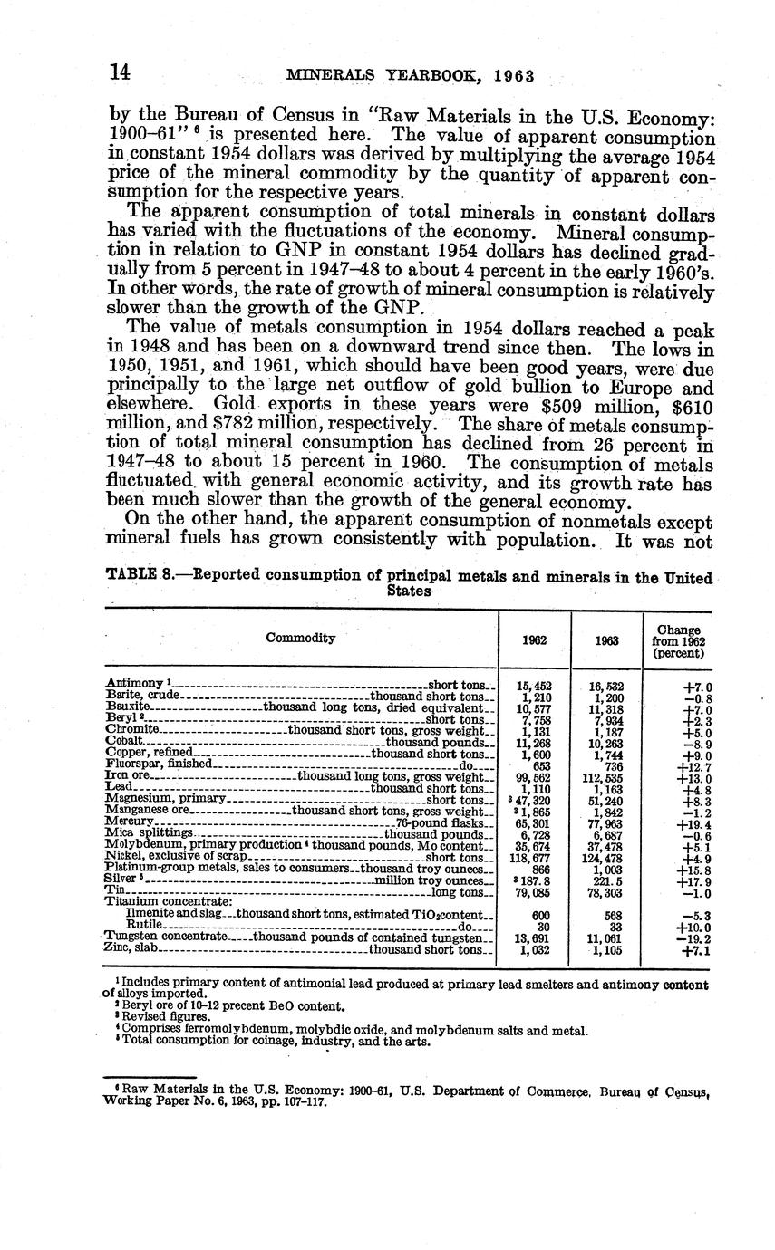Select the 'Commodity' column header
[300, 638]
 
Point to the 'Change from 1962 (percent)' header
[679, 639]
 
